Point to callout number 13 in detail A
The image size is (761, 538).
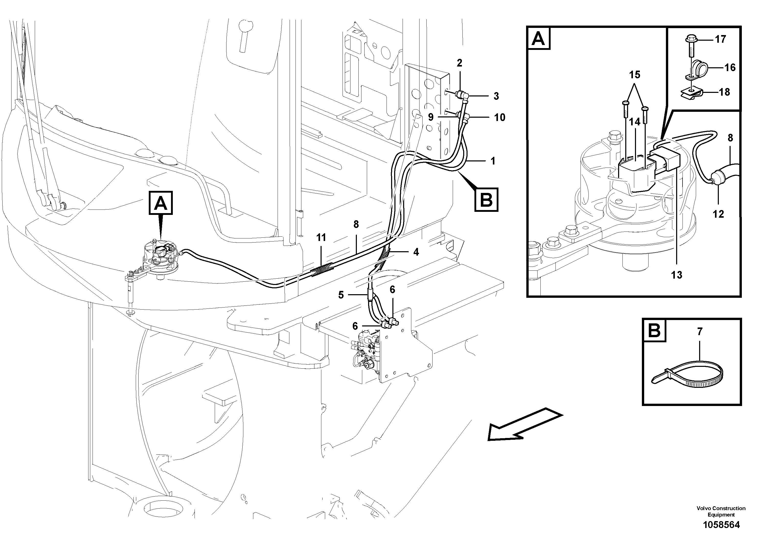click(676, 275)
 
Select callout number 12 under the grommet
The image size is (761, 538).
click(718, 214)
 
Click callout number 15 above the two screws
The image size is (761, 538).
click(635, 75)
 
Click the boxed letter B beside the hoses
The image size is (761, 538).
click(486, 200)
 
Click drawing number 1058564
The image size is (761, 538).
click(721, 525)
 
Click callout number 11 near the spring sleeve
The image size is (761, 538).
click(321, 237)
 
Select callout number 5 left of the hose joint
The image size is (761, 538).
click(341, 295)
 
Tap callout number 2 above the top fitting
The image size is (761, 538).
click(459, 63)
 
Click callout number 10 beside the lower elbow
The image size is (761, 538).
click(499, 117)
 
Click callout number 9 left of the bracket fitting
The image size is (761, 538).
click(430, 117)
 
